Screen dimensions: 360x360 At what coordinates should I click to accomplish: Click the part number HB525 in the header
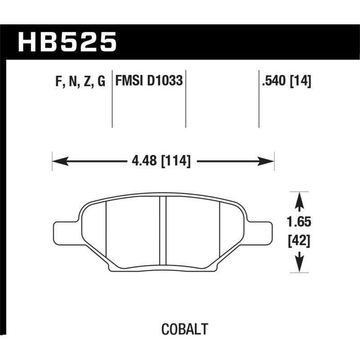[x=67, y=43]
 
